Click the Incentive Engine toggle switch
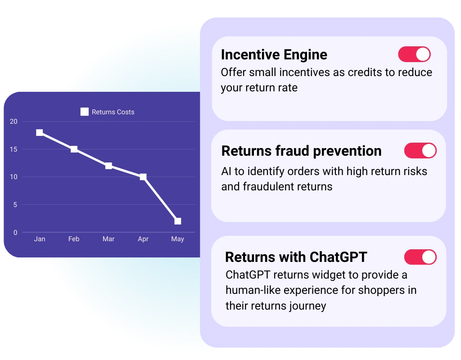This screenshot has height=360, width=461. [414, 54]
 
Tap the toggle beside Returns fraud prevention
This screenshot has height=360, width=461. [420, 150]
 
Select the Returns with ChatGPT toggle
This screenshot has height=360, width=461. [420, 257]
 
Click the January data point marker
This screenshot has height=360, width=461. [40, 133]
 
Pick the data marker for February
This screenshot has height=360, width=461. [74, 149]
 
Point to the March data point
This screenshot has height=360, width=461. [108, 166]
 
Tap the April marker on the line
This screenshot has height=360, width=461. [143, 177]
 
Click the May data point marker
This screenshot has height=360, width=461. [177, 221]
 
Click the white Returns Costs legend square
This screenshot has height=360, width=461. [84, 112]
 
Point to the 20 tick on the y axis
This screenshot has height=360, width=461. [14, 121]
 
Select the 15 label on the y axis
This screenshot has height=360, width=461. [14, 149]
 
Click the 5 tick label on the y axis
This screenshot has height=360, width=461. [15, 205]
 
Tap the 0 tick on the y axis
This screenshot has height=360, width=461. [15, 233]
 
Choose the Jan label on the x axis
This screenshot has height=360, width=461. [40, 239]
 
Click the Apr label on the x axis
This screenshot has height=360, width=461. [143, 239]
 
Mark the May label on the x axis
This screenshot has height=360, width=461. [177, 239]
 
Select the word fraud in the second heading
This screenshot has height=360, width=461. [292, 151]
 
